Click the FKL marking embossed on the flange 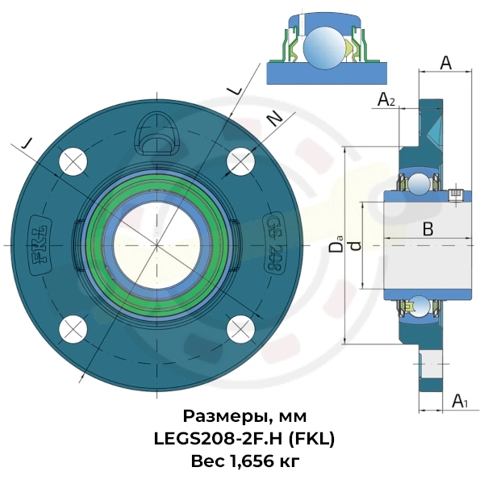point(39,244)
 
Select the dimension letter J point(28,143)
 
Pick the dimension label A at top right point(444,63)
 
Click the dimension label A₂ point(387,100)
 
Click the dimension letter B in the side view point(428,229)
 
